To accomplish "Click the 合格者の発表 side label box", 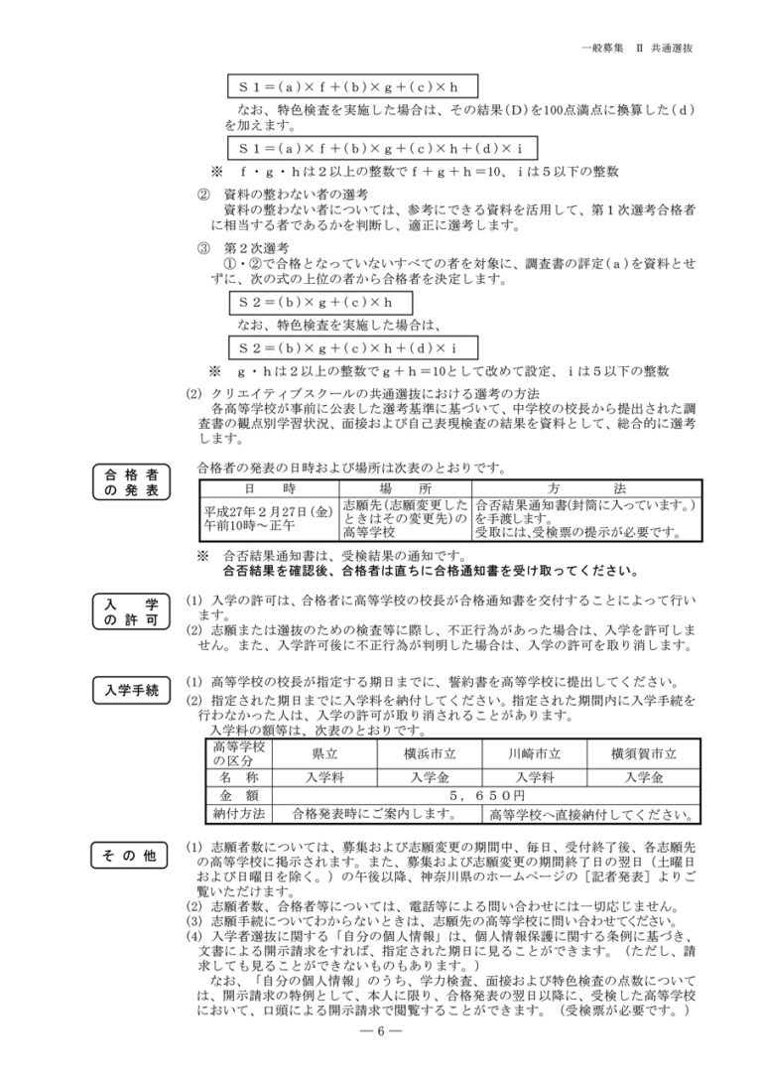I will click(130, 480).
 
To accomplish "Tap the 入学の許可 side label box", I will click(130, 611).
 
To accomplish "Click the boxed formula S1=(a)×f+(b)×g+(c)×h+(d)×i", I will click(381, 148).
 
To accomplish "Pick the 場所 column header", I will click(406, 488).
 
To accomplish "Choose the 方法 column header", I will click(585, 488).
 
